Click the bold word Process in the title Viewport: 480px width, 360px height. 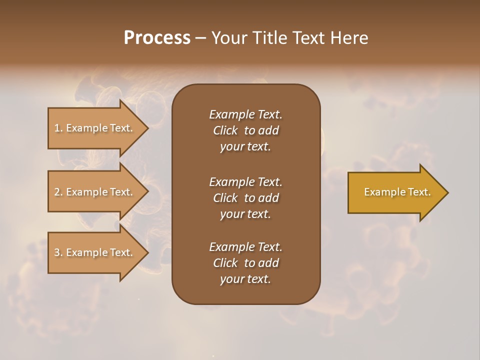pos(157,38)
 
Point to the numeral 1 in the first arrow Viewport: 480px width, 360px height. pos(57,128)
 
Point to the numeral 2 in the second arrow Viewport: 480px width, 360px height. pos(57,192)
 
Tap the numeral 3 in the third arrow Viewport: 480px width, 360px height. pos(57,252)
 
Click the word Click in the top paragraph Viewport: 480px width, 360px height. pos(225,130)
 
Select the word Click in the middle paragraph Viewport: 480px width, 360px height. pos(225,198)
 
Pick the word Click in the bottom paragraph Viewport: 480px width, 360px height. pos(225,263)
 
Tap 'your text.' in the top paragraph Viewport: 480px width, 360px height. pos(245,147)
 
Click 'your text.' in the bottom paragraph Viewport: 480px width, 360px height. pos(245,279)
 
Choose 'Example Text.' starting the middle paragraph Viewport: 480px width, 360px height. pos(245,181)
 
